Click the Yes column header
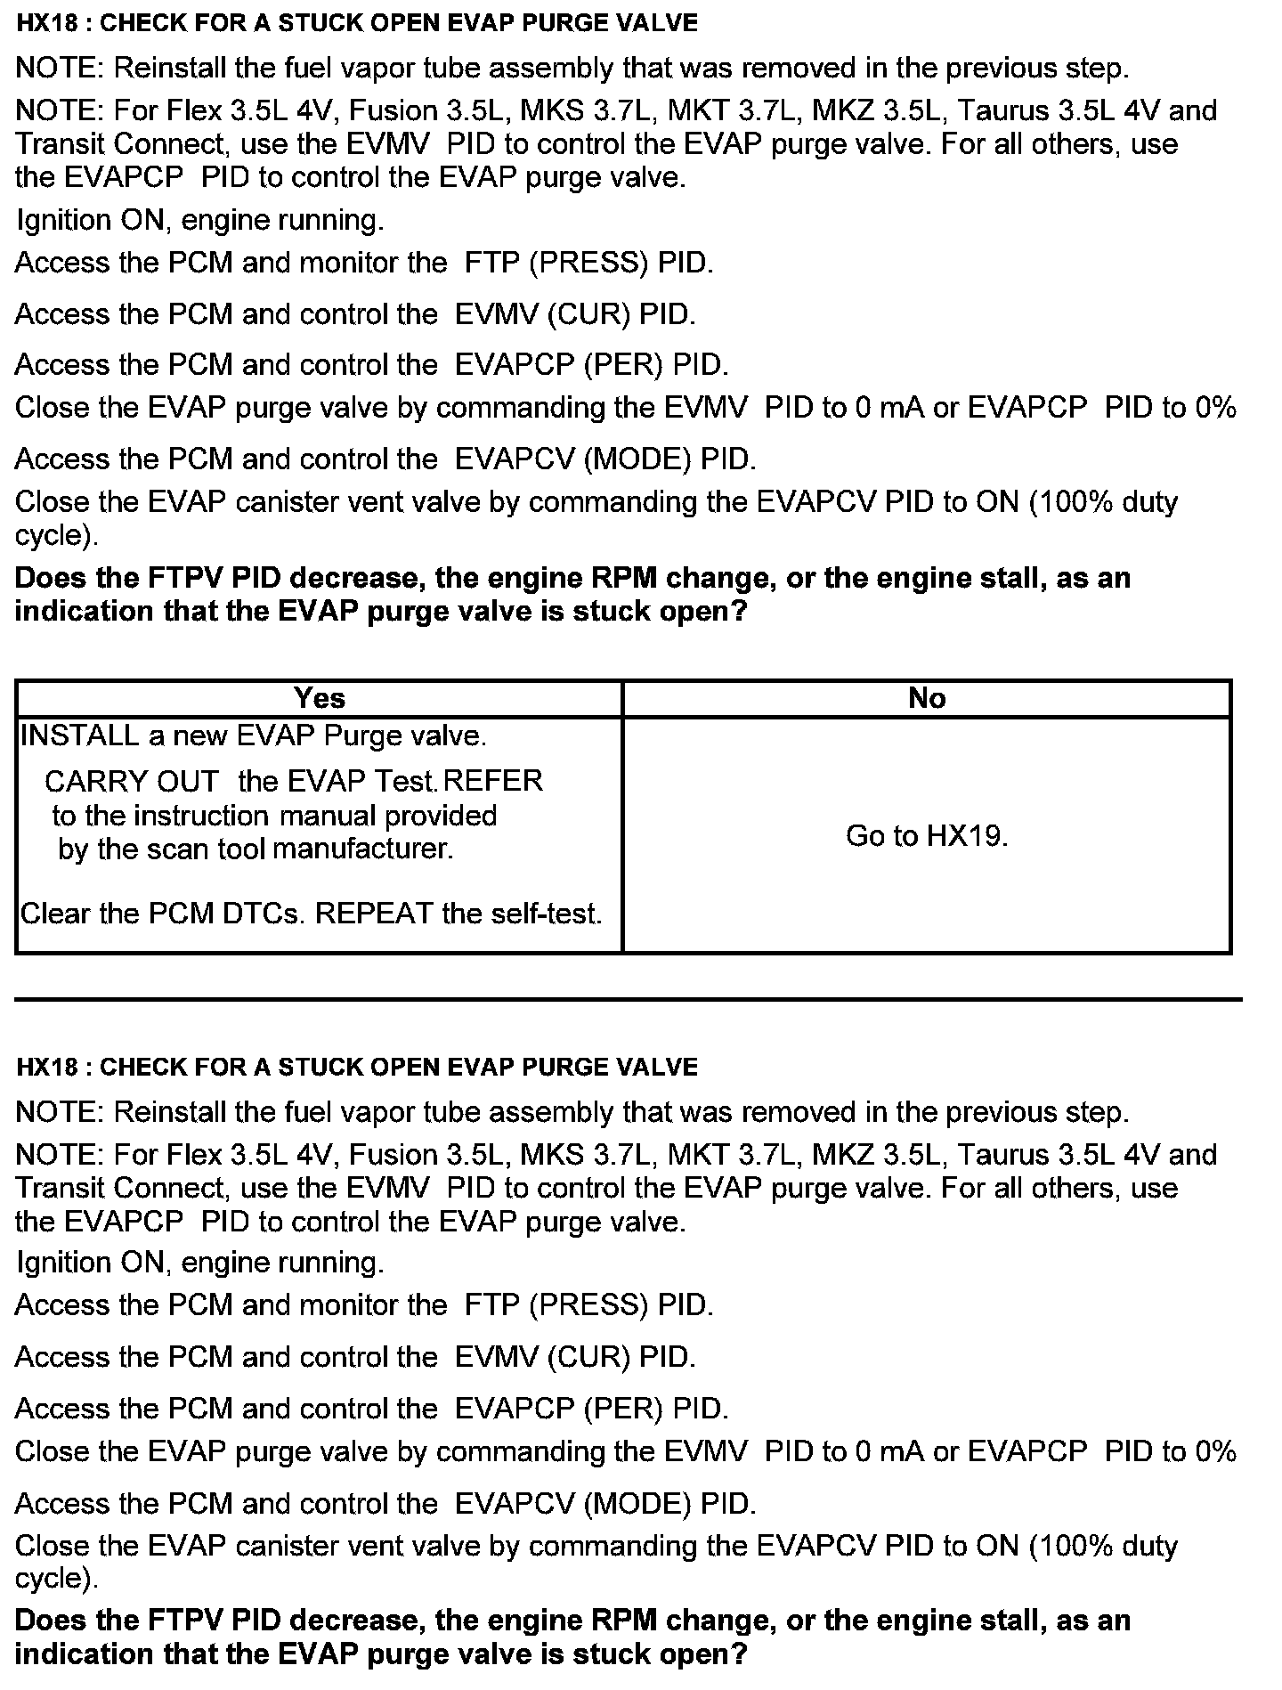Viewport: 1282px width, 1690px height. click(x=319, y=698)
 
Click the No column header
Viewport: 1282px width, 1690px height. click(x=927, y=698)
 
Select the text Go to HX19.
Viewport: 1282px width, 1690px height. click(x=927, y=835)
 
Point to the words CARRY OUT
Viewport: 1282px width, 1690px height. click(x=131, y=781)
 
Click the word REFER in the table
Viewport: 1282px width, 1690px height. click(x=492, y=781)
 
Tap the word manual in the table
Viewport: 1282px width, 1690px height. click(x=326, y=816)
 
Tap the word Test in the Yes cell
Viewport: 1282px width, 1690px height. click(x=406, y=781)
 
